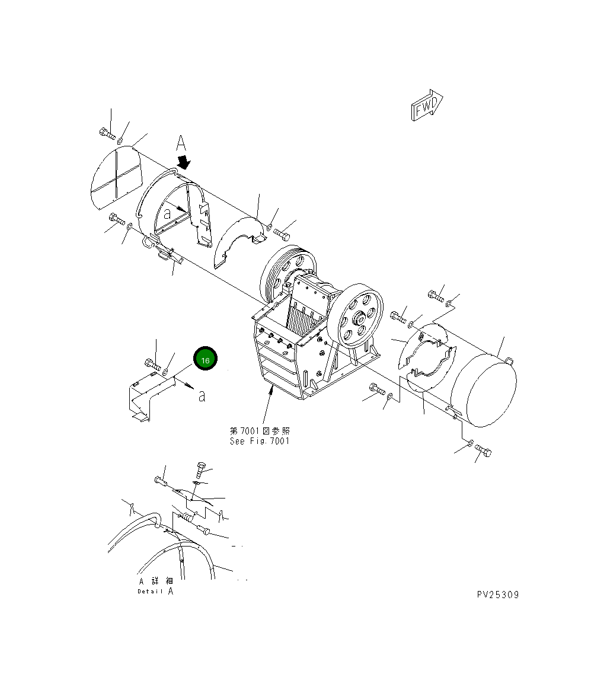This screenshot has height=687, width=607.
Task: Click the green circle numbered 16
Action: pos(205,360)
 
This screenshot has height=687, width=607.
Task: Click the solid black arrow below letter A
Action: pos(184,162)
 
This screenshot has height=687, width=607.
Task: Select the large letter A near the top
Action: pos(181,144)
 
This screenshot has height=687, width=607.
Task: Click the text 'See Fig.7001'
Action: pos(260,441)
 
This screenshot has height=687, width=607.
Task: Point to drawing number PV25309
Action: pos(497,595)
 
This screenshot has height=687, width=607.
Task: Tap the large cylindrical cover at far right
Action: pos(483,390)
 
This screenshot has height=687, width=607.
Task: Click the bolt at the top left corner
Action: pos(107,133)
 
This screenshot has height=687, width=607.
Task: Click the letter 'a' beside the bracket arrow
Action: pos(202,396)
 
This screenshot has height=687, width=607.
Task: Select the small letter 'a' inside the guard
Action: pos(168,211)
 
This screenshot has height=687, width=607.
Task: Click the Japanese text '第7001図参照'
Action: pos(260,431)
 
